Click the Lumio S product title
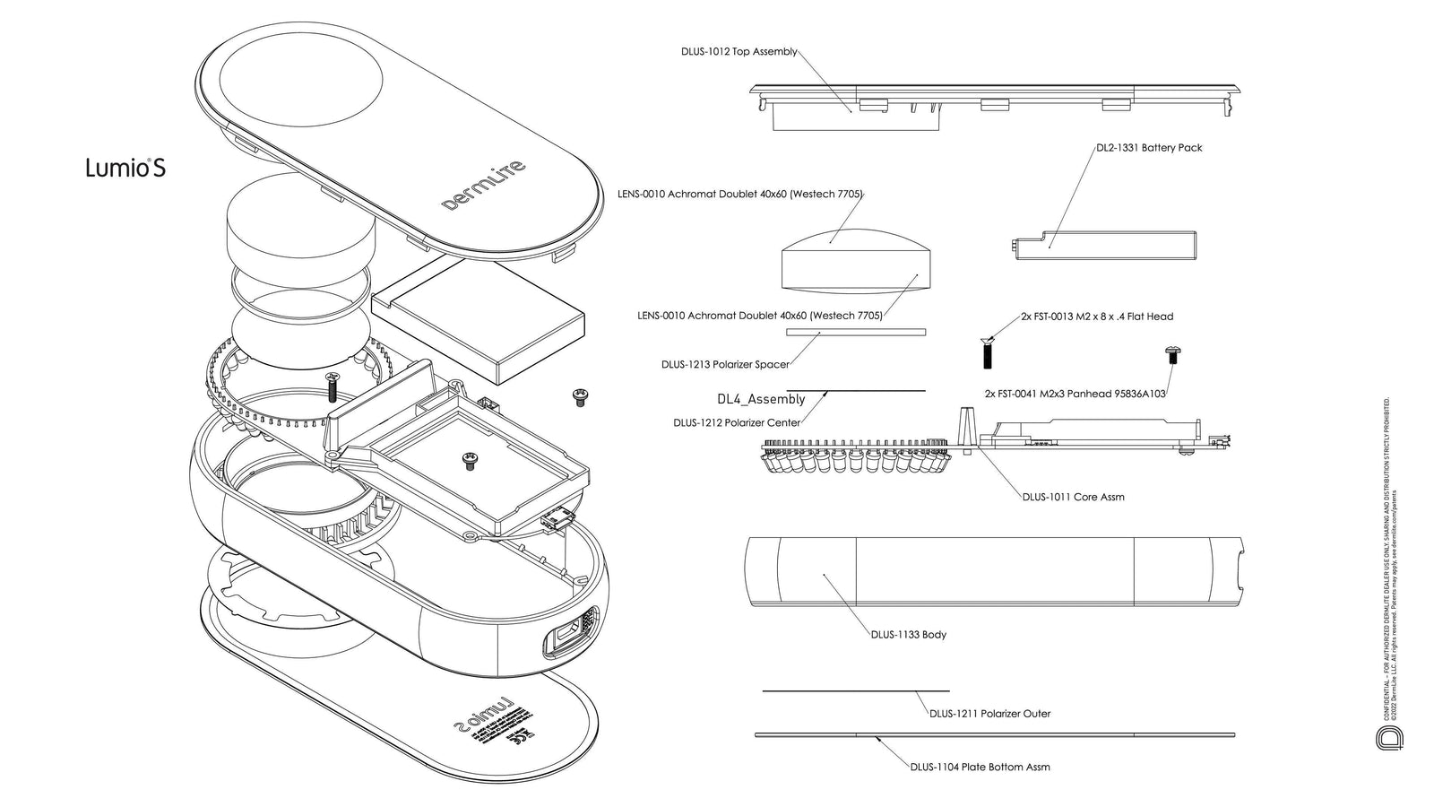coord(125,168)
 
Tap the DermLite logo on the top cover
coord(484,185)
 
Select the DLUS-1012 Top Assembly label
coord(739,52)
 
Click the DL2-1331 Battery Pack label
coord(1149,148)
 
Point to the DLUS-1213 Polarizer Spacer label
coord(725,365)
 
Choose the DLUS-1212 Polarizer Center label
coord(737,423)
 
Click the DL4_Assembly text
coord(761,400)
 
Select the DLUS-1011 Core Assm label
coord(1073,497)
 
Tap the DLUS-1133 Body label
coord(908,635)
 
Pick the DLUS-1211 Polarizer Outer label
coord(989,714)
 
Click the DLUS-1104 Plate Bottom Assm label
coord(980,768)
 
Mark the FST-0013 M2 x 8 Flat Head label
coord(1096,317)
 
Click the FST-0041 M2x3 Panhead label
coord(1075,394)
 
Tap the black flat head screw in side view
coord(988,352)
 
